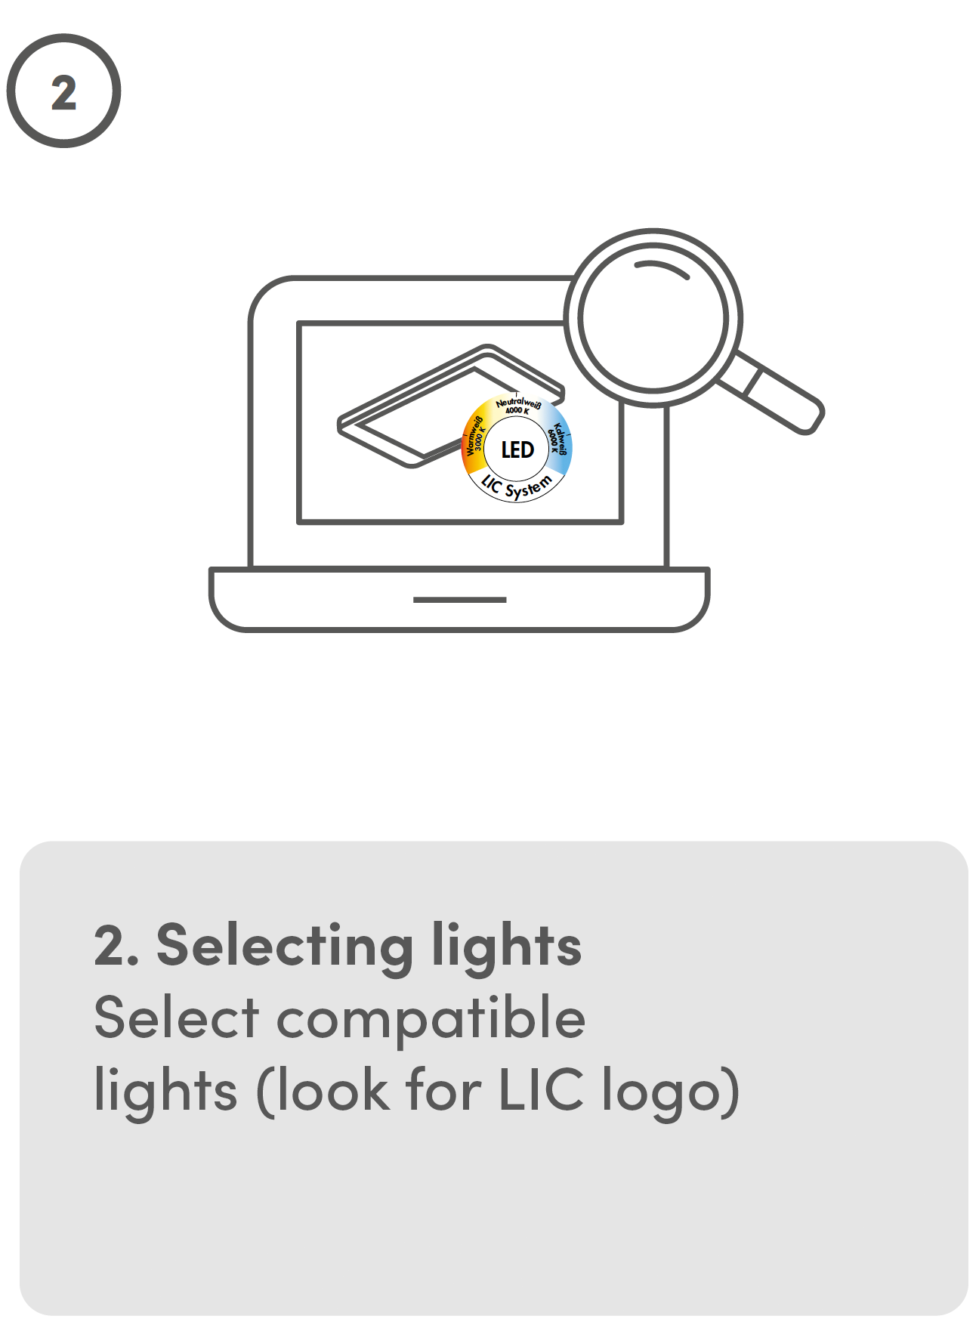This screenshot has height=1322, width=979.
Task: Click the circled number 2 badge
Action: [63, 91]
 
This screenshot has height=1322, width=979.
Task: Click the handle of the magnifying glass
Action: [778, 397]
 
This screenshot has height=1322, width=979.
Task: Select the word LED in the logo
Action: [517, 450]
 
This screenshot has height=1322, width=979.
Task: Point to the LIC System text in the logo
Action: [517, 488]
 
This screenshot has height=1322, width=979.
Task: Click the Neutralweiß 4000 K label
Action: [518, 406]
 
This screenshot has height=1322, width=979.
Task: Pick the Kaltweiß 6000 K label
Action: [558, 439]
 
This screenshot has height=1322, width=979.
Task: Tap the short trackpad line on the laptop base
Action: [459, 600]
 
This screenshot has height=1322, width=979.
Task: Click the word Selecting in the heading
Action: [284, 946]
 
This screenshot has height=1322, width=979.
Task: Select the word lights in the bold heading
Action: [506, 946]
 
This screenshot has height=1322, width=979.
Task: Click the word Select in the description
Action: [177, 1018]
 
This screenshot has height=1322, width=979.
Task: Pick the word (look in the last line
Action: [323, 1091]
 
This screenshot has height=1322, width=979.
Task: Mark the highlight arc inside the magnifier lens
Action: [662, 268]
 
